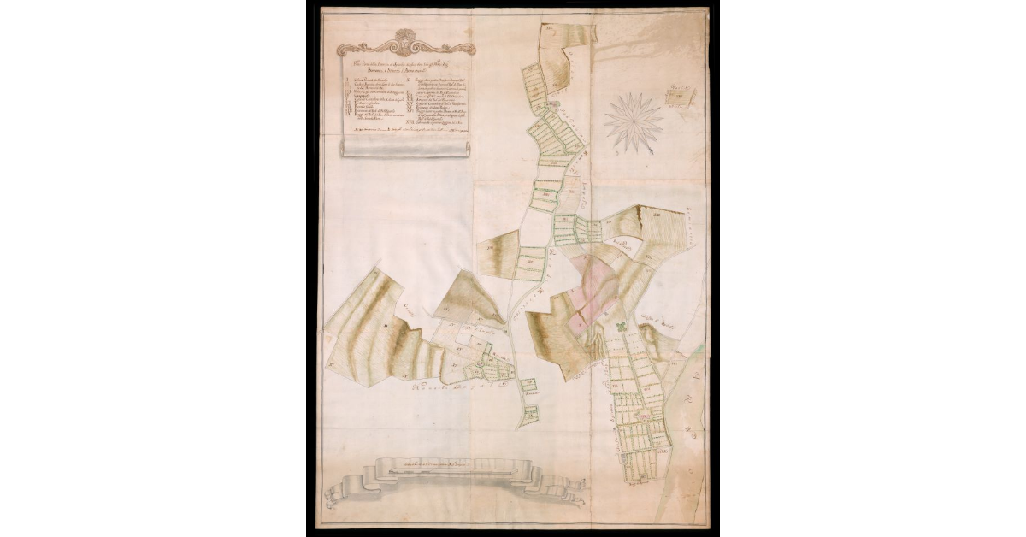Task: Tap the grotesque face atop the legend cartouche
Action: pyautogui.click(x=404, y=38)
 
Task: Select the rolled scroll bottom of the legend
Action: pyautogui.click(x=407, y=147)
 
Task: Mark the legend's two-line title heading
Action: pyautogui.click(x=404, y=62)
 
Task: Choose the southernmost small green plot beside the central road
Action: pyautogui.click(x=532, y=412)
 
